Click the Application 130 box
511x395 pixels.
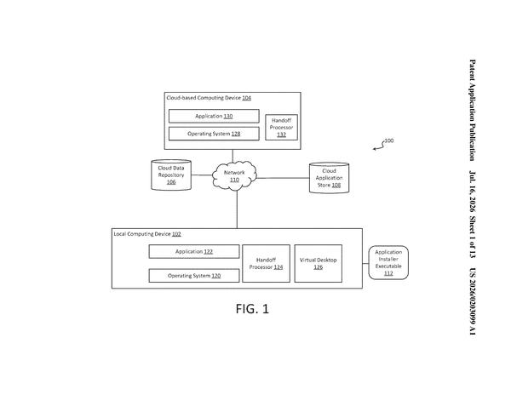[214, 116]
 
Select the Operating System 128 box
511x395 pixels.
[214, 134]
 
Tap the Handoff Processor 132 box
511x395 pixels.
[281, 128]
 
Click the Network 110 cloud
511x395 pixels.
[234, 176]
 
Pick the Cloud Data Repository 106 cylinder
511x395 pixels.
[171, 175]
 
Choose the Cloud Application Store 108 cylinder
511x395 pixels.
[329, 178]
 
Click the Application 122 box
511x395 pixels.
[194, 251]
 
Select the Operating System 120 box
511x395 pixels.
[194, 276]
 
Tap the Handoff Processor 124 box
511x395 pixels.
[266, 263]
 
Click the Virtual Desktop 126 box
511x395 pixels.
[318, 263]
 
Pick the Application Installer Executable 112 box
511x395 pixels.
[388, 262]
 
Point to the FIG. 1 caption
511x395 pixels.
[252, 309]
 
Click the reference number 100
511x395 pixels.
[389, 140]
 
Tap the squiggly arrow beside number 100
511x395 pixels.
[379, 146]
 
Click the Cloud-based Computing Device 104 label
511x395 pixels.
[209, 98]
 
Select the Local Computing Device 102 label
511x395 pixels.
[147, 234]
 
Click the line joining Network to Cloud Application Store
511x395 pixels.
[283, 178]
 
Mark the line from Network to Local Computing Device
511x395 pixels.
[237, 209]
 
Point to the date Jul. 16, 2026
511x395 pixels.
[472, 192]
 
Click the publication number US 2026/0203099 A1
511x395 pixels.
[472, 301]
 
